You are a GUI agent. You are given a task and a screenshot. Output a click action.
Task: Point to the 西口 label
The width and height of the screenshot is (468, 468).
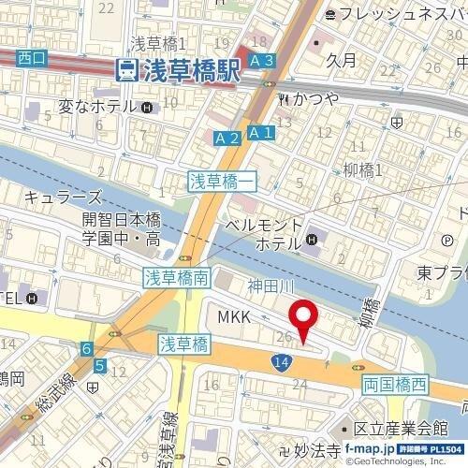pyautogui.click(x=31, y=58)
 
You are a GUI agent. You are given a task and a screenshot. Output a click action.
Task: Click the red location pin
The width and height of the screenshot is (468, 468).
pyautogui.click(x=301, y=323)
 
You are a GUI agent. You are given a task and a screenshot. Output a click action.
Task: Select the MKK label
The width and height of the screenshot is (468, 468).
pyautogui.click(x=234, y=319)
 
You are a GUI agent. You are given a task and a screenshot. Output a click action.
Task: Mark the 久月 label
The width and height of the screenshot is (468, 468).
pyautogui.click(x=344, y=60)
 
